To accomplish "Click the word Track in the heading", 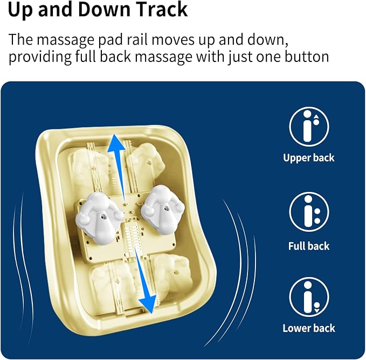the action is (x=162, y=9).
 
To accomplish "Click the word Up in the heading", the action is (x=19, y=10).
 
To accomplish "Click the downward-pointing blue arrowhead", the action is (x=148, y=304).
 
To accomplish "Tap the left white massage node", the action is (x=99, y=218).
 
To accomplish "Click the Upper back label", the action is (x=308, y=158).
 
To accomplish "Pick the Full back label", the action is (x=308, y=246).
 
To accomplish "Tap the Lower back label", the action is (x=308, y=328).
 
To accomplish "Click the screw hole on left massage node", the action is (x=102, y=217).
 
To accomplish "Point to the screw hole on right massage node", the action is (x=165, y=207).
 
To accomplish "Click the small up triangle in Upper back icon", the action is (x=316, y=116).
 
